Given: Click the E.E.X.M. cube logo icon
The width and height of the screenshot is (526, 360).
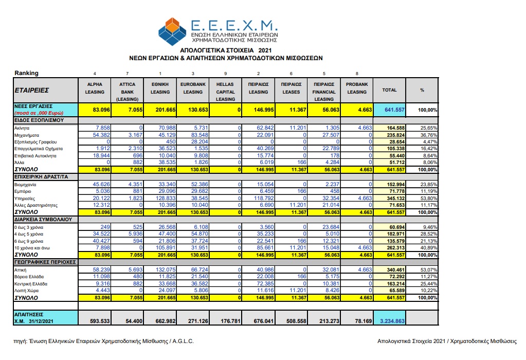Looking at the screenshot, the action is (172, 31).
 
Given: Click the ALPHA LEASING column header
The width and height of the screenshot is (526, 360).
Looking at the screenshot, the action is (95, 88).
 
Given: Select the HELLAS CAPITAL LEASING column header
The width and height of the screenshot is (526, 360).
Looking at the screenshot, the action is (225, 92).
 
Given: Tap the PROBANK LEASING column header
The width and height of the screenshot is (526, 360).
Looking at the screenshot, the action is (357, 88).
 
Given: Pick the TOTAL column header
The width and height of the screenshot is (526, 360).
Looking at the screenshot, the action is (389, 90).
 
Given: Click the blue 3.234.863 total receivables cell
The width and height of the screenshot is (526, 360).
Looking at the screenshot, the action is (392, 321).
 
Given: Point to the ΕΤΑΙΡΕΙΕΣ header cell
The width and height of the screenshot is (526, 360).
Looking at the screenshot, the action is (32, 90).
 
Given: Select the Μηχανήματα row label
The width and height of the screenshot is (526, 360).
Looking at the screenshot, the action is (27, 135).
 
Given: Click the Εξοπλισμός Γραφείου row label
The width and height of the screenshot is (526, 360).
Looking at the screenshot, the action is (35, 142).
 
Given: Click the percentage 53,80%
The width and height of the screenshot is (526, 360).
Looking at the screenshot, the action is (429, 199).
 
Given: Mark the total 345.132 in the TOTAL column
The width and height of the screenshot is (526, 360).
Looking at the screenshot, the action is (396, 199).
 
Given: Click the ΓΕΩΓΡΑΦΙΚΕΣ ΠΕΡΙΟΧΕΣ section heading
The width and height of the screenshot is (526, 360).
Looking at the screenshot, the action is (45, 262).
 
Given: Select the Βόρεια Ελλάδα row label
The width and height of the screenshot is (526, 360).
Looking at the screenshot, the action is (29, 277).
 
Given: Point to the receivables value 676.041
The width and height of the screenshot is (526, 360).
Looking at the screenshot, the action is (264, 321).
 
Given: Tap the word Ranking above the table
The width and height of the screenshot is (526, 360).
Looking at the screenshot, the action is (27, 73).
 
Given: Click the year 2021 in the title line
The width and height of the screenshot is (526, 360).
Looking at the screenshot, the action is (265, 50).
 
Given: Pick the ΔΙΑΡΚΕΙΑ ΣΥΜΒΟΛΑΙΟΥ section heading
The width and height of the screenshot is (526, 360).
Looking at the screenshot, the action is (43, 220).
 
